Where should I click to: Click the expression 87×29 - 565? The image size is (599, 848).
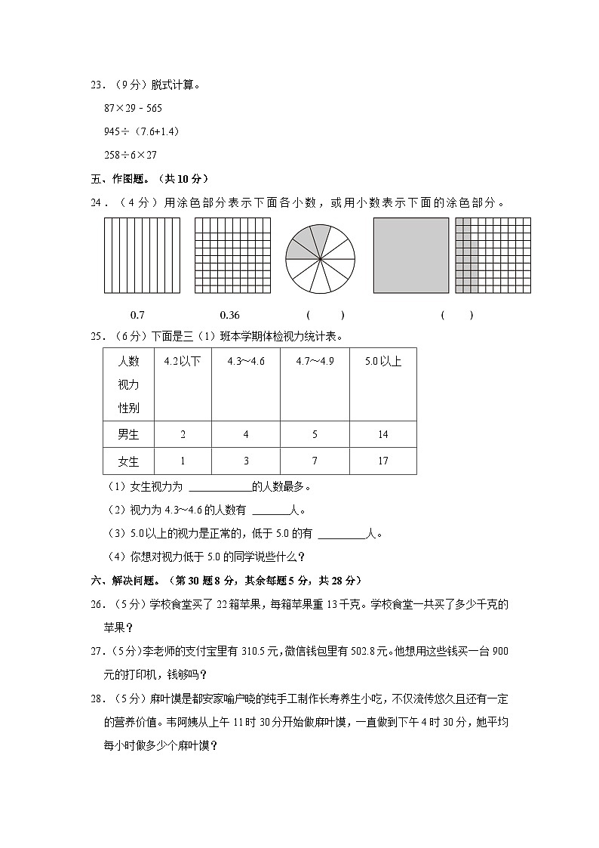tap(133, 108)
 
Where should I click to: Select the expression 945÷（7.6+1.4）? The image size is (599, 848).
tap(141, 131)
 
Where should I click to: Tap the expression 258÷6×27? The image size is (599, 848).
tap(131, 154)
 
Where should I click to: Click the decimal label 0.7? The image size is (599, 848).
tap(138, 315)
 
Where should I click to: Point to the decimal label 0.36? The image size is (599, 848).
tap(229, 315)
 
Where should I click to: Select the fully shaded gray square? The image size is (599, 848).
tap(411, 255)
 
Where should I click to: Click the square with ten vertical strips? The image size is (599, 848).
tap(142, 255)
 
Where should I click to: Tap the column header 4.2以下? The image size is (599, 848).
tap(183, 361)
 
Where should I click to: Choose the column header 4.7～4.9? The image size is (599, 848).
tap(315, 361)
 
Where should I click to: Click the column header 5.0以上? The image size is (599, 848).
tap(383, 361)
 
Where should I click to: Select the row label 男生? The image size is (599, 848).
tap(128, 434)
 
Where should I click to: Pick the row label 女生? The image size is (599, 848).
tap(128, 461)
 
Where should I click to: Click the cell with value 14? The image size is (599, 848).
tap(383, 434)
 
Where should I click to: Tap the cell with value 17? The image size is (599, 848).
tap(383, 461)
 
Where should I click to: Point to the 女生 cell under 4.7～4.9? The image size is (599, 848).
tap(315, 461)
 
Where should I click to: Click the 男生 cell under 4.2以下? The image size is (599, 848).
tap(183, 434)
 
